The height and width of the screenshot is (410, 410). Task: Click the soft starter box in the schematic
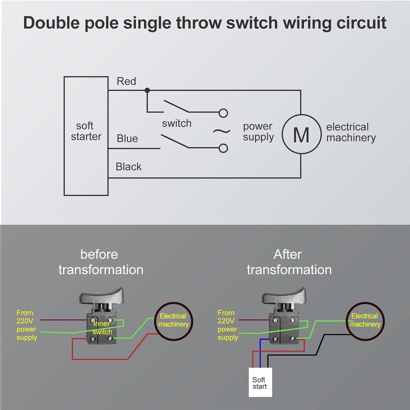(x=86, y=136)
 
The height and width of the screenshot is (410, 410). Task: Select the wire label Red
(x=126, y=81)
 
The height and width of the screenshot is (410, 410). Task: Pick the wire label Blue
(x=127, y=139)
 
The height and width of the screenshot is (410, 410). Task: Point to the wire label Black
(x=128, y=167)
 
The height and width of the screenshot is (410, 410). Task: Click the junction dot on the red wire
(x=147, y=90)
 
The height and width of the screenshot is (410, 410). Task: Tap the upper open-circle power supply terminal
(x=223, y=113)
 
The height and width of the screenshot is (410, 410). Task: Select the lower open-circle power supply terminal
(x=223, y=148)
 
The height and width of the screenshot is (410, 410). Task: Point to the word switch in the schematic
(x=176, y=123)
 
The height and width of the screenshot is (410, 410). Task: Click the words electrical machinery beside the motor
(x=351, y=132)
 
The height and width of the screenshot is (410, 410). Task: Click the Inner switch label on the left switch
(x=102, y=328)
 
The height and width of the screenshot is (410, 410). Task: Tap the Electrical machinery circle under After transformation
(x=365, y=321)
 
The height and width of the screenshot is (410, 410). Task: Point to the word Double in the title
(x=51, y=23)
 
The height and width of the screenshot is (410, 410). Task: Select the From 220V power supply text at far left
(x=26, y=325)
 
